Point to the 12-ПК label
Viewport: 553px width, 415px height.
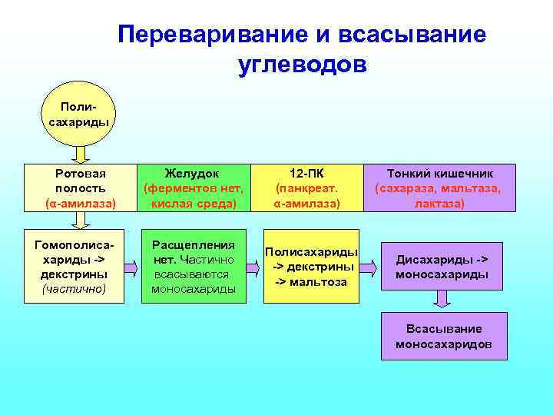pos(307,174)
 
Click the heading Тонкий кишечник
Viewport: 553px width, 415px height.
pos(439,174)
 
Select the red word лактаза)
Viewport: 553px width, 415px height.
pos(439,204)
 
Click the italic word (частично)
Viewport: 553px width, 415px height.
pos(75,288)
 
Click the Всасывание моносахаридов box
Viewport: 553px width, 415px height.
pos(444,336)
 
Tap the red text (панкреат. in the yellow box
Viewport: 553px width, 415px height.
pos(307,188)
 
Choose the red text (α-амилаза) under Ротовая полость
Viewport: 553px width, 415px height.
pos(81,204)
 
